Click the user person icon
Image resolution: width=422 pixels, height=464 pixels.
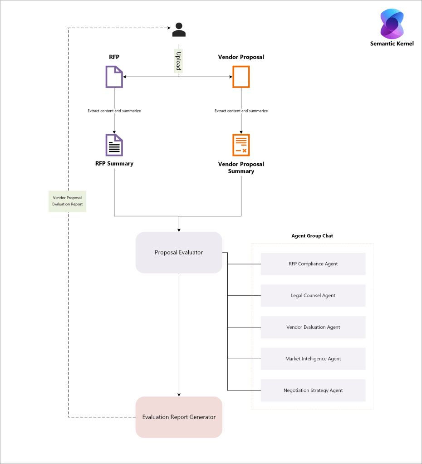(179, 29)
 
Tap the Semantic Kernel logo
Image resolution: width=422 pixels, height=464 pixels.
(392, 24)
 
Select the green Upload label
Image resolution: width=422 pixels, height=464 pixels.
(178, 60)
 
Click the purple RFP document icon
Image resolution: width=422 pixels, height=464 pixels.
(114, 77)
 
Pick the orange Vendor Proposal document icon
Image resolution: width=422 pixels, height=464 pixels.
(241, 77)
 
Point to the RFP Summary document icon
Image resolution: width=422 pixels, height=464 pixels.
(114, 145)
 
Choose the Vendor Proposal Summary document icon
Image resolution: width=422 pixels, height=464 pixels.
(241, 145)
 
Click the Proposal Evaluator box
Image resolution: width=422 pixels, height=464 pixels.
(179, 252)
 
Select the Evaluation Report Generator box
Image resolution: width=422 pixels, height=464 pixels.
(179, 417)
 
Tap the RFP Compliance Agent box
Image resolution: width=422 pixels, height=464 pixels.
(313, 264)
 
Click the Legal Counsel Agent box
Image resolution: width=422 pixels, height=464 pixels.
(313, 295)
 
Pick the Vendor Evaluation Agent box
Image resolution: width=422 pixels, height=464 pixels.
(313, 327)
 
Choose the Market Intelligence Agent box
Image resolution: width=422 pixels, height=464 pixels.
(313, 359)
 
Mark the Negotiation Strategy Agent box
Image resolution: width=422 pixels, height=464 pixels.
(313, 390)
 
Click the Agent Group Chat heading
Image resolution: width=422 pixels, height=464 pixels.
(312, 236)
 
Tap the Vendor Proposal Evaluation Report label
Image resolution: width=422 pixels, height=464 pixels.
(67, 201)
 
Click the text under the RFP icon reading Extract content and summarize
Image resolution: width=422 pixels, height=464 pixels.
(114, 111)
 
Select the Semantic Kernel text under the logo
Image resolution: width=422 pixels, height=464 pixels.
(392, 44)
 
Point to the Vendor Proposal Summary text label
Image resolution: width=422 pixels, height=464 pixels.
(241, 167)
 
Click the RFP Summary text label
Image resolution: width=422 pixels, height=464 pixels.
(114, 163)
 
